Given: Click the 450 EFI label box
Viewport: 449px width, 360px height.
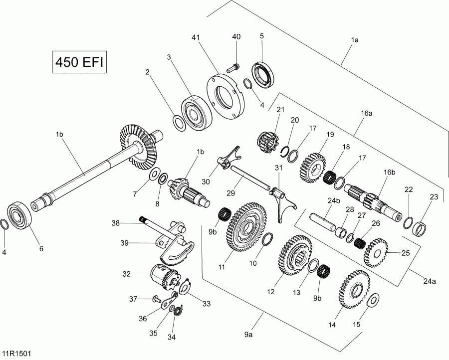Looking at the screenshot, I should pos(80,63).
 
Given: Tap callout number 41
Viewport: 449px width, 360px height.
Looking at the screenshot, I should pos(197,37).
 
